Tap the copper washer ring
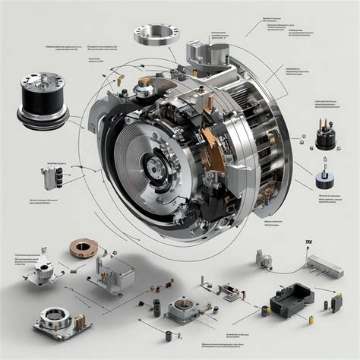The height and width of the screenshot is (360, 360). (84, 248)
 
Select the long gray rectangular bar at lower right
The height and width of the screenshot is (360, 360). (324, 266)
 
